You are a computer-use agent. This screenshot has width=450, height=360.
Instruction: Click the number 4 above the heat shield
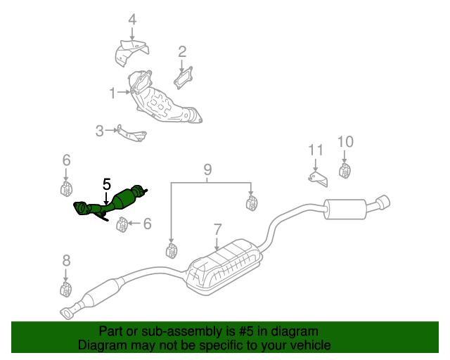(132, 20)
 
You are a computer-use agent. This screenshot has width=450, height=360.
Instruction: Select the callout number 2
(182, 51)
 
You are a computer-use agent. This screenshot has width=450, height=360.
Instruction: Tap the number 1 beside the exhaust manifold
(112, 92)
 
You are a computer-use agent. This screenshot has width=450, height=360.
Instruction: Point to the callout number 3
(99, 130)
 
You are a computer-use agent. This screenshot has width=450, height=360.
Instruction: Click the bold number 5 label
(106, 185)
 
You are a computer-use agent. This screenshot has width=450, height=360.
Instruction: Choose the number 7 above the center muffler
(217, 229)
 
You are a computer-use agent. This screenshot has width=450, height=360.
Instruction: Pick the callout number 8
(66, 261)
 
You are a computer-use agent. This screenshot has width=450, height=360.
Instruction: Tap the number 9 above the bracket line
(207, 169)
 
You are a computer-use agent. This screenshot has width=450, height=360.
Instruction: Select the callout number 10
(345, 141)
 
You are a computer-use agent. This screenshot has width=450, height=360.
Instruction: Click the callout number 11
(315, 150)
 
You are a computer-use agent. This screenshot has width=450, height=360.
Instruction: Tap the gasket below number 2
(184, 76)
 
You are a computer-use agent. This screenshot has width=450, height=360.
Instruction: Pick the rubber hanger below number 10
(345, 171)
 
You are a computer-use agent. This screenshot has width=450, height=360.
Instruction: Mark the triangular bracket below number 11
(317, 177)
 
